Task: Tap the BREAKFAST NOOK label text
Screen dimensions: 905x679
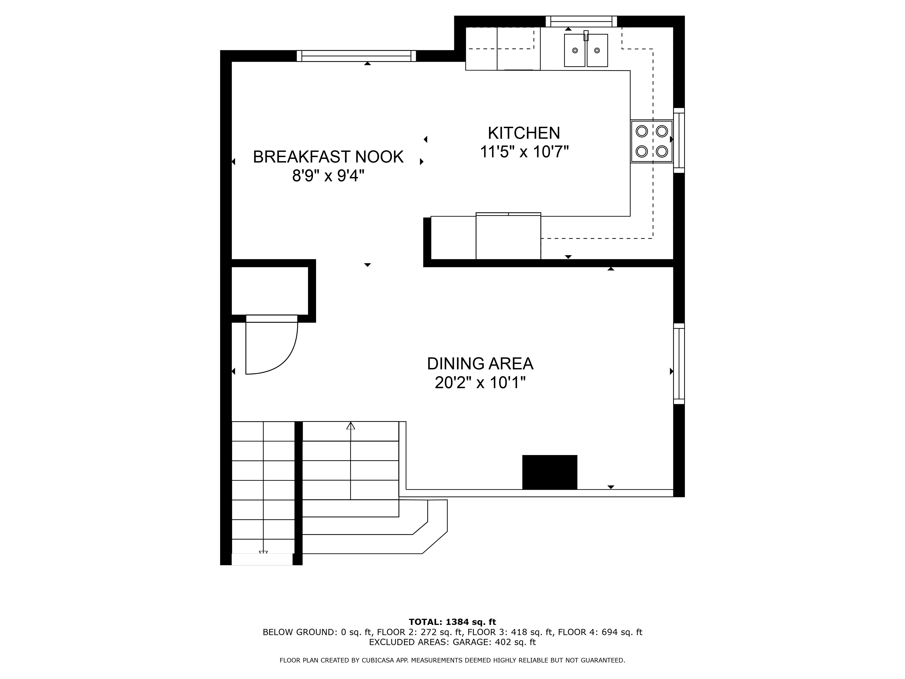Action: pyautogui.click(x=328, y=157)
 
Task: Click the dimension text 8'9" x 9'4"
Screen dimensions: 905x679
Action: pyautogui.click(x=328, y=176)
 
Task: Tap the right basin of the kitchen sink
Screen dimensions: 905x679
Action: pyautogui.click(x=597, y=50)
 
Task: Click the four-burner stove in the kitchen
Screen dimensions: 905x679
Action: pyautogui.click(x=652, y=141)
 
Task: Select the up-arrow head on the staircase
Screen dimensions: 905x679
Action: pyautogui.click(x=351, y=426)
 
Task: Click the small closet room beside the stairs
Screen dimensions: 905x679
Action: pyautogui.click(x=270, y=291)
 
